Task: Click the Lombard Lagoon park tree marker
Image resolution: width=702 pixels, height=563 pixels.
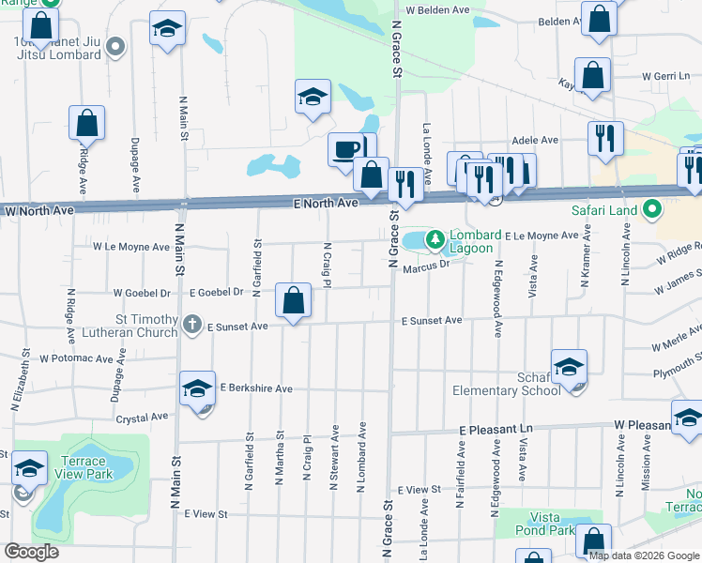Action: (435, 241)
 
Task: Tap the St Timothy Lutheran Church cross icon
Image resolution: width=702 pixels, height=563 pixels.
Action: (191, 325)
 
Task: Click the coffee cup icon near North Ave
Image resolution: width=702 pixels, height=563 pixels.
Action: (347, 148)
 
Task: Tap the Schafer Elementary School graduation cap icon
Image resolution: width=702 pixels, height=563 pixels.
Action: (569, 368)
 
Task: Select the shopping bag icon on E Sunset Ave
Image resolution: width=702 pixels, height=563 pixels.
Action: (294, 301)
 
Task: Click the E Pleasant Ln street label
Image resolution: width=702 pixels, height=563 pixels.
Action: (496, 429)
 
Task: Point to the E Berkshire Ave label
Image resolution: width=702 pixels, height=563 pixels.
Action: (256, 388)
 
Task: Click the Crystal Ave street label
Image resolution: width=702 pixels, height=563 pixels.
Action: (142, 417)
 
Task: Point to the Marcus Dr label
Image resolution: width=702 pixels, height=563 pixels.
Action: (427, 266)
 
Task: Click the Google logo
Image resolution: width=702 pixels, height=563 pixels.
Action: (31, 552)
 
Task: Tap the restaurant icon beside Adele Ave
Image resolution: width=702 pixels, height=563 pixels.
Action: (605, 139)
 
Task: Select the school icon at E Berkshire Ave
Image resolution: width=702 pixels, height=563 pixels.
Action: (197, 389)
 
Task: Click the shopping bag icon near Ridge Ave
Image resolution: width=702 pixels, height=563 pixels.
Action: (86, 123)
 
